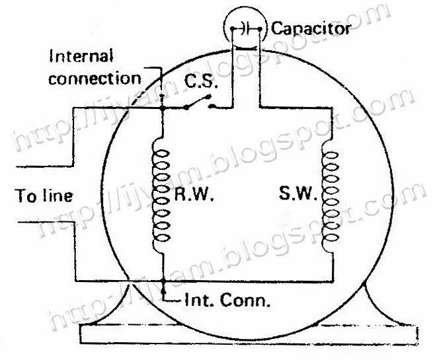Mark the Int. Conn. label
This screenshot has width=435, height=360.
(x=222, y=303)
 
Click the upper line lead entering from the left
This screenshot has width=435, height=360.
(x=26, y=166)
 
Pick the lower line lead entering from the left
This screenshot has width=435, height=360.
(x=26, y=223)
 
